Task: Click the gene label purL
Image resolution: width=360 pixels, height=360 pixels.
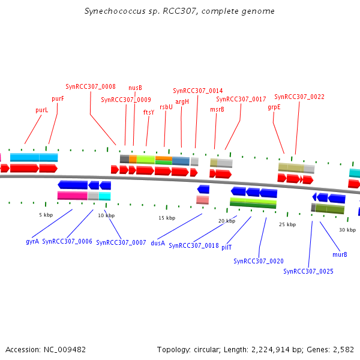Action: click(42, 110)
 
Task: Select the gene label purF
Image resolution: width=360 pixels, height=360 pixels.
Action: click(58, 99)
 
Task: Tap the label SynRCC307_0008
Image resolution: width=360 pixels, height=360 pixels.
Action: click(91, 86)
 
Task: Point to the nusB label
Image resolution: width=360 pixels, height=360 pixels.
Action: click(135, 88)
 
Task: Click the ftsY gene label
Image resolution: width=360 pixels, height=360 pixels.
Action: click(148, 112)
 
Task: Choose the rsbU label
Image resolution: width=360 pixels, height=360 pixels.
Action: click(166, 107)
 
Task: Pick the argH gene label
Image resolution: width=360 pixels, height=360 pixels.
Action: click(182, 101)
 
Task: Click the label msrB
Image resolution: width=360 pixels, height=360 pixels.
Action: click(217, 109)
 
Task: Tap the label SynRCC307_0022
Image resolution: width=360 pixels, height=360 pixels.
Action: click(299, 97)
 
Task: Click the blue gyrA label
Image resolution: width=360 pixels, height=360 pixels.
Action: click(32, 241)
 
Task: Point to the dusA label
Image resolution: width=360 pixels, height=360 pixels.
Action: click(158, 243)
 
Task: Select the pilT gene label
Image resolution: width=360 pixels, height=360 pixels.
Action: click(227, 247)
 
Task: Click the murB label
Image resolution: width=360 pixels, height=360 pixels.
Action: click(340, 254)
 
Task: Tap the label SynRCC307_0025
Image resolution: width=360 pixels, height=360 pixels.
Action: click(308, 271)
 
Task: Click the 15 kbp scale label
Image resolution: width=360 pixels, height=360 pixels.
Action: click(167, 218)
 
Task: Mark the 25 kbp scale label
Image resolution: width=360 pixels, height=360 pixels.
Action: click(287, 224)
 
